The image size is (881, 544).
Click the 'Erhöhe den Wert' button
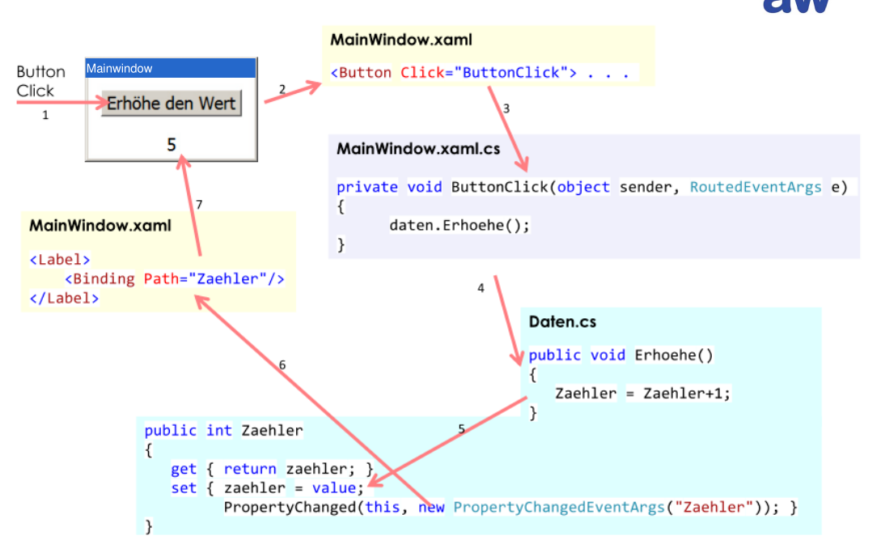[x=172, y=104]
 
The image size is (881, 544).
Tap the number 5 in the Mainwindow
[x=172, y=145]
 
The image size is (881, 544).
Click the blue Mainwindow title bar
[x=171, y=69]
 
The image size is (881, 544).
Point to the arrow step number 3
[x=506, y=108]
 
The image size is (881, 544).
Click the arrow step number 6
[x=282, y=365]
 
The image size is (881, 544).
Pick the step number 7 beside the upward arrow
[x=199, y=204]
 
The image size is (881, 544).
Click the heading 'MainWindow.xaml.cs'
[x=418, y=149]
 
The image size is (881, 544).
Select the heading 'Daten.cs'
[x=562, y=322]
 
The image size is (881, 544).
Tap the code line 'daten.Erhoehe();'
[x=460, y=225]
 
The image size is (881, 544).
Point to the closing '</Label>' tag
[x=64, y=297]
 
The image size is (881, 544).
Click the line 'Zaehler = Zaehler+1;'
[x=642, y=393]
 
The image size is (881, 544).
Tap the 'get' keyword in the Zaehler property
[x=184, y=469]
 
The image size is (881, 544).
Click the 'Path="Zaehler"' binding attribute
[x=214, y=278]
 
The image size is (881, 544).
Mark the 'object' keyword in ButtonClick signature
[x=583, y=187]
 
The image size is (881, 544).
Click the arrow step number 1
[x=45, y=115]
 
